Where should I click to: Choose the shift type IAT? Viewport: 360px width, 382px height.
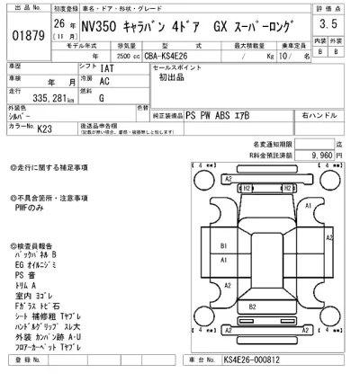pyautogui.click(x=107, y=67)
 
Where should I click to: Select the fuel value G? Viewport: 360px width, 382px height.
pyautogui.click(x=100, y=96)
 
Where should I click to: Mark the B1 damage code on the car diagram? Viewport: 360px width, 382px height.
pyautogui.click(x=223, y=244)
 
